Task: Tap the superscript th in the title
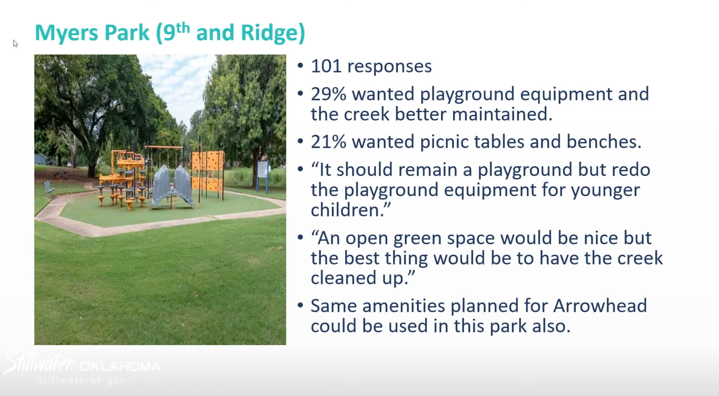pos(183,27)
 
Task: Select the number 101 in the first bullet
pos(326,66)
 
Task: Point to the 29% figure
pos(329,94)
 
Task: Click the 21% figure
pos(329,142)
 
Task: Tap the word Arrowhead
pos(600,305)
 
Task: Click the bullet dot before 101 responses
pos(301,66)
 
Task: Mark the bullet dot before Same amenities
pos(301,305)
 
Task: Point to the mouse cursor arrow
pos(15,44)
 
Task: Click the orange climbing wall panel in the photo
pos(208,171)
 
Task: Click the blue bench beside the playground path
pos(48,188)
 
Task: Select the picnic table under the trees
pos(61,174)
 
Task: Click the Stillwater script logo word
pos(40,362)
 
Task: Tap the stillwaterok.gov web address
pos(82,381)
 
